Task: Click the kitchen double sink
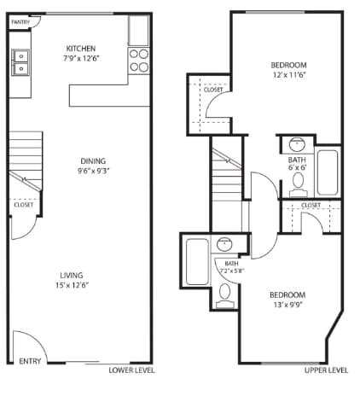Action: pyautogui.click(x=20, y=61)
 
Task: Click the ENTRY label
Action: pyautogui.click(x=29, y=361)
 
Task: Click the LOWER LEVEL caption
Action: pyautogui.click(x=130, y=370)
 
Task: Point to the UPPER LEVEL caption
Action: pyautogui.click(x=326, y=370)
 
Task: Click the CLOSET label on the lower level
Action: pyautogui.click(x=24, y=205)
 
